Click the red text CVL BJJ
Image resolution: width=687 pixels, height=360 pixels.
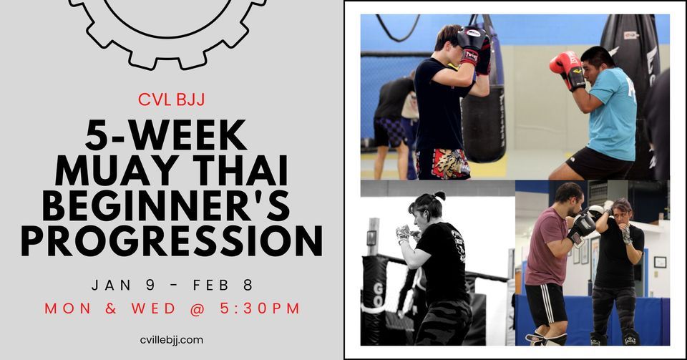click(171, 99)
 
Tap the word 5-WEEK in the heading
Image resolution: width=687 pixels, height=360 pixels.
click(172, 135)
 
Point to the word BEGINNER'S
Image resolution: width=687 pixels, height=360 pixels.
click(172, 206)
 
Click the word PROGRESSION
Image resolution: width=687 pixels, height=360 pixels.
click(172, 242)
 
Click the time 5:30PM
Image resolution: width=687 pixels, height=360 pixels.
click(261, 308)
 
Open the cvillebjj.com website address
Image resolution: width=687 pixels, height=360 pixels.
click(172, 339)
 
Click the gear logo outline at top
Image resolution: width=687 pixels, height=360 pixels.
click(169, 29)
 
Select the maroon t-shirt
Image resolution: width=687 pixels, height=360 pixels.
click(545, 247)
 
